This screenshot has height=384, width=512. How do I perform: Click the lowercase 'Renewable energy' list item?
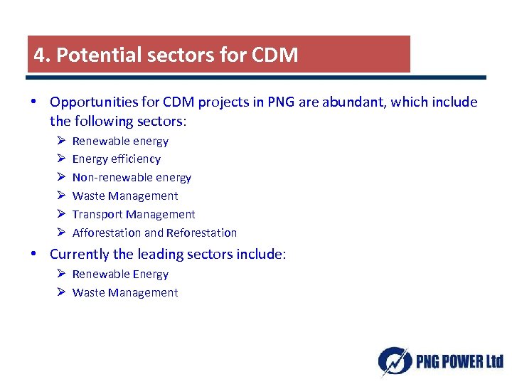(120, 142)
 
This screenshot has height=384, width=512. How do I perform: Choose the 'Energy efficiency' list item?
(117, 159)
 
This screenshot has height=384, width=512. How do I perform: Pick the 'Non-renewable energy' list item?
(132, 178)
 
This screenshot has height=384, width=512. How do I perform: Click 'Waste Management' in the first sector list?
(125, 196)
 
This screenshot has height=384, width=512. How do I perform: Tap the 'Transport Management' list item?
(134, 215)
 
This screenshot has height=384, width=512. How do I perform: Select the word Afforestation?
(107, 233)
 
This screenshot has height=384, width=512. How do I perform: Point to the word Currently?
(80, 255)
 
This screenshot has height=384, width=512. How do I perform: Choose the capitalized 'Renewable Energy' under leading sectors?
(120, 274)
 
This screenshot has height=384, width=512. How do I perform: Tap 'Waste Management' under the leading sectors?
(125, 293)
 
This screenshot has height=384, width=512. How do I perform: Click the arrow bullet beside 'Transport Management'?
(60, 214)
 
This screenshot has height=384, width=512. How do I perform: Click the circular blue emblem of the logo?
(393, 361)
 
